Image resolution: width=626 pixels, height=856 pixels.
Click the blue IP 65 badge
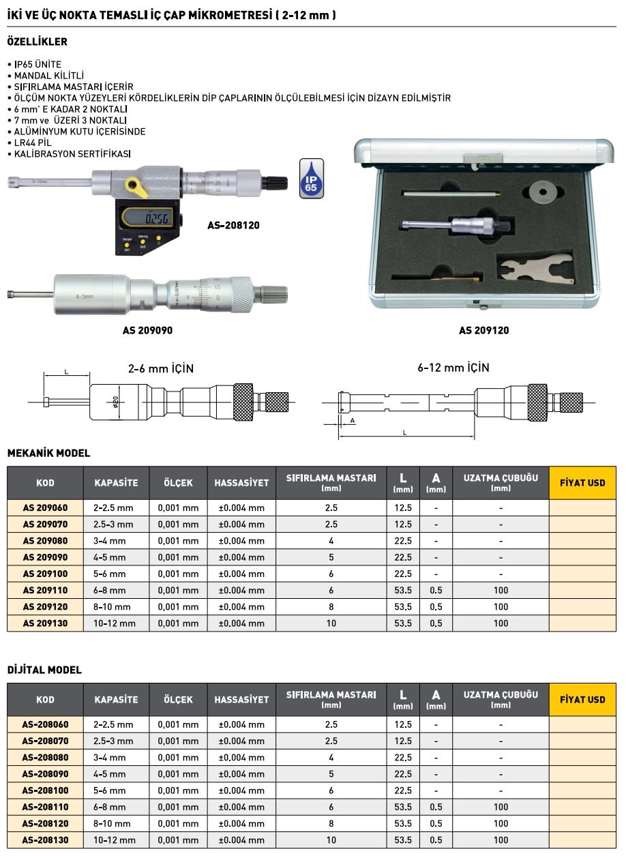click(x=312, y=179)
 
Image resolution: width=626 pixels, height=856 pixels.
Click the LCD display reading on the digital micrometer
click(x=151, y=218)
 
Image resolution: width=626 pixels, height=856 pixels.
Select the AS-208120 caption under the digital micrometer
click(x=233, y=224)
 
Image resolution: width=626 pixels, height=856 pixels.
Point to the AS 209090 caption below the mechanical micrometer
click(x=147, y=330)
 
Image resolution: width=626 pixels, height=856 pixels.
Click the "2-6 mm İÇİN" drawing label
click(x=161, y=368)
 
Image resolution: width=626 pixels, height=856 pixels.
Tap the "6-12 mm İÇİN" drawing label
click(x=453, y=368)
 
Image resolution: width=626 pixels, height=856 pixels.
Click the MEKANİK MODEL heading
click(x=48, y=453)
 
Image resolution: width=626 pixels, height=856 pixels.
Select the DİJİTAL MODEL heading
click(x=44, y=670)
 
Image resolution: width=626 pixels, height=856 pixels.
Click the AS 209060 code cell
click(x=45, y=508)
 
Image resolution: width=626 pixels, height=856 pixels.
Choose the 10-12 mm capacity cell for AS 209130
click(x=115, y=623)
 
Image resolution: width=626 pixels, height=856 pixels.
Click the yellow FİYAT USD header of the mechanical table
click(x=582, y=483)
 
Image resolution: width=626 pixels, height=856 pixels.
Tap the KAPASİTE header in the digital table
click(x=116, y=700)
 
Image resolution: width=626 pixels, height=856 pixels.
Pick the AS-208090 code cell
click(x=45, y=774)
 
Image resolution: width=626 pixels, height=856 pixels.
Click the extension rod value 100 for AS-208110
click(x=501, y=807)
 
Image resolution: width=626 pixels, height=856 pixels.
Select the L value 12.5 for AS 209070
click(x=403, y=525)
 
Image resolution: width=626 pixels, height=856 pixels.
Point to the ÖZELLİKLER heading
click(x=37, y=42)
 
